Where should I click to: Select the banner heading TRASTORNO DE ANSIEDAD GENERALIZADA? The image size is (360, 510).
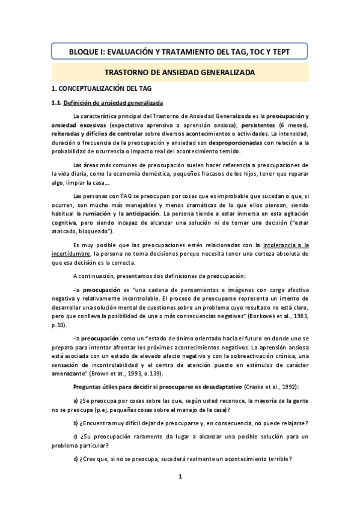click(x=180, y=72)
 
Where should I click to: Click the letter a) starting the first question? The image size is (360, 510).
click(x=75, y=400)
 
